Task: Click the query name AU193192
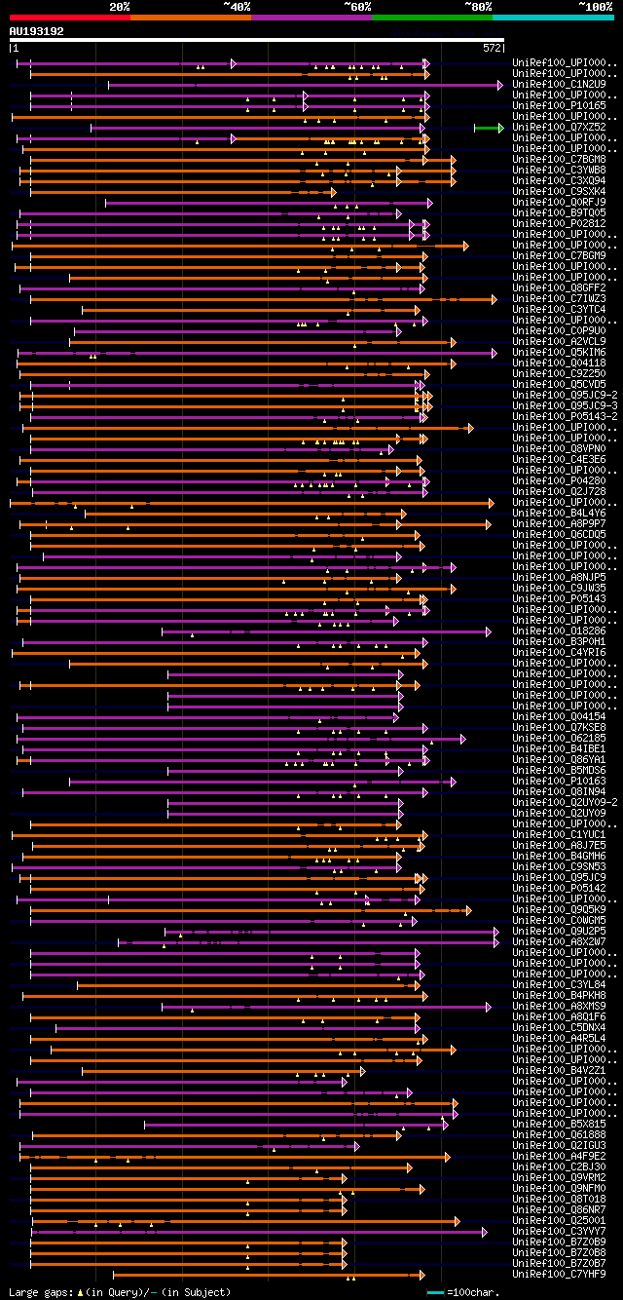tap(36, 31)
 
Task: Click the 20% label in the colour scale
tap(120, 6)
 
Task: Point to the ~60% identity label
tap(356, 6)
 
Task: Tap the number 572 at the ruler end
tap(492, 47)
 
